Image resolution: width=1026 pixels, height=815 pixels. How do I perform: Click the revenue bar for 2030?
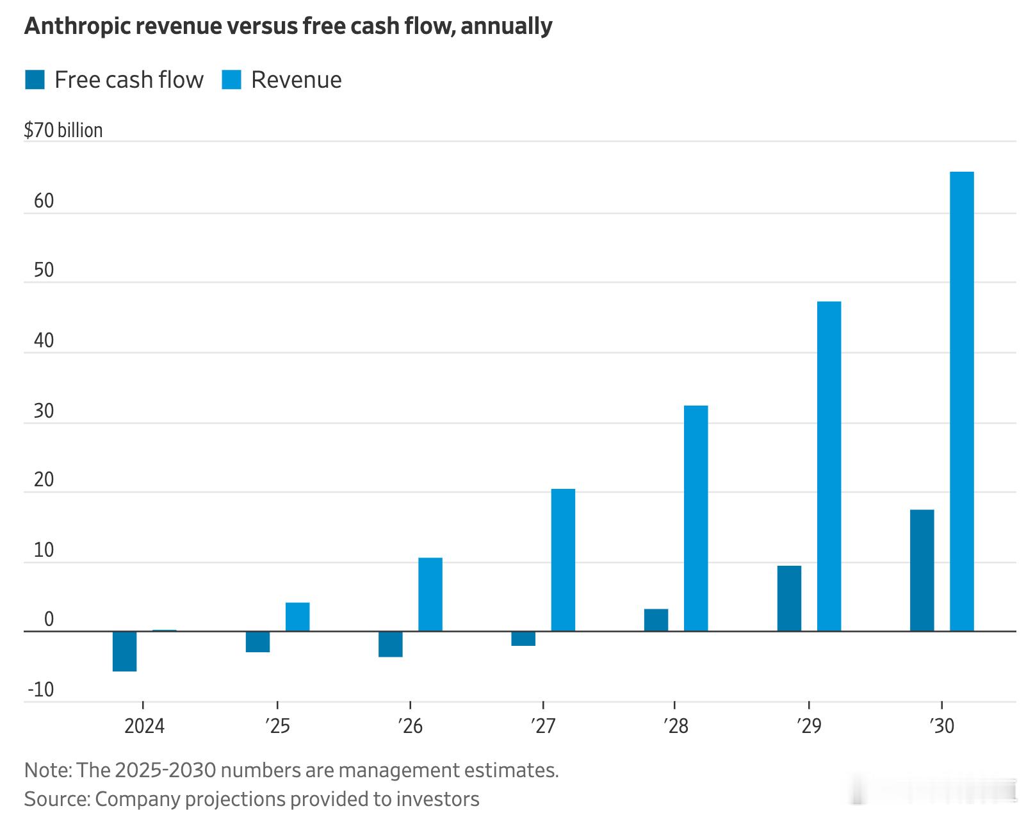961,401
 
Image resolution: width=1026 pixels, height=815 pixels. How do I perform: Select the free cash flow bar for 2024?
124,651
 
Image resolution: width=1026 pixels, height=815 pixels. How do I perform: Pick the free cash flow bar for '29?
789,598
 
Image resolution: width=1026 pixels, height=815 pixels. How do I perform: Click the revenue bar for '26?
430,594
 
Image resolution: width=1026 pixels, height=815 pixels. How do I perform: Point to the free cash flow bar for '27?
523,638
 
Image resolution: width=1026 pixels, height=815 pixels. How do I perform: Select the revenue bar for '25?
297,616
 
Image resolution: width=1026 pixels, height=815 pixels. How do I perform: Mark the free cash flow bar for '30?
922,570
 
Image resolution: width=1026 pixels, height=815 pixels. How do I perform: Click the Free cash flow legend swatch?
35,80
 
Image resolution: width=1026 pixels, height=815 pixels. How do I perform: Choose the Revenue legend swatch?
231,80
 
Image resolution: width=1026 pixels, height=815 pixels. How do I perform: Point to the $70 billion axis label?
63,130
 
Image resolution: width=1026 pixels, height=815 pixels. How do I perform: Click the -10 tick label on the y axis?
40,690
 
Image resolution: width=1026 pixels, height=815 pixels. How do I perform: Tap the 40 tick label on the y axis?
44,340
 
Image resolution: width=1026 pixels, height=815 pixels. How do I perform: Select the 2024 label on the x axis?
144,726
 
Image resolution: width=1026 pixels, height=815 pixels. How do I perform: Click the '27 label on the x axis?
543,726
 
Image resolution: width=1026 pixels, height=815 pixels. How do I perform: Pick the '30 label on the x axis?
941,726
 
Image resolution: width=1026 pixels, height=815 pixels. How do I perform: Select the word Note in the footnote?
47,770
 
